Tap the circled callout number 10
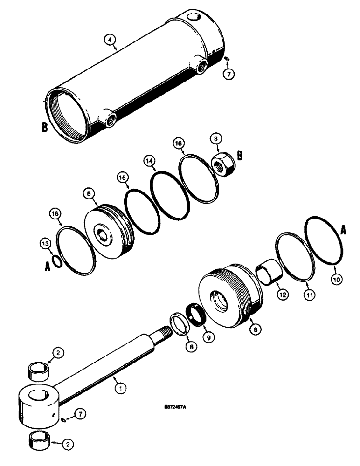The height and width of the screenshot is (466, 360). [x=335, y=280]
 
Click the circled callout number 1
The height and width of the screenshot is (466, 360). [x=120, y=386]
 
